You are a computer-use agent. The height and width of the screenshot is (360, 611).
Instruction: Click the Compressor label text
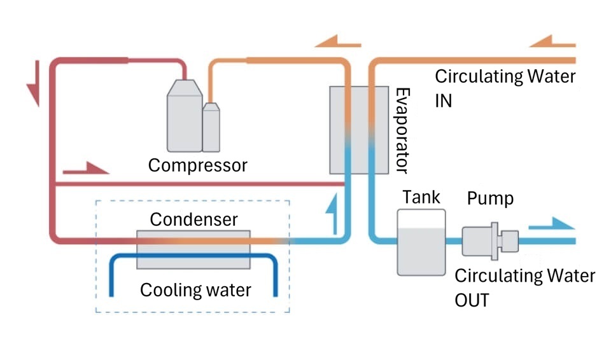pyautogui.click(x=197, y=165)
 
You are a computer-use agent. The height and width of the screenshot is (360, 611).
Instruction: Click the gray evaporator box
pyautogui.click(x=358, y=130)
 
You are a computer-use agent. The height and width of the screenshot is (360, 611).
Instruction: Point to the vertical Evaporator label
pyautogui.click(x=402, y=130)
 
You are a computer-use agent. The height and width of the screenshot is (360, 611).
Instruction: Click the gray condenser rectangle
pyautogui.click(x=193, y=249)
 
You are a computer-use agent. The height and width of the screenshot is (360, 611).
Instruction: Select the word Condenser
pyautogui.click(x=193, y=219)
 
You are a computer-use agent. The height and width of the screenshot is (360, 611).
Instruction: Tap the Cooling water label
pyautogui.click(x=195, y=290)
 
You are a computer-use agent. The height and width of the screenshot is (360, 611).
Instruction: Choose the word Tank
pyautogui.click(x=421, y=197)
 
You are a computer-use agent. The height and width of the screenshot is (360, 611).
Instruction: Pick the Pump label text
pyautogui.click(x=490, y=198)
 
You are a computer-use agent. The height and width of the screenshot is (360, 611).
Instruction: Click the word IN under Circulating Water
pyautogui.click(x=444, y=100)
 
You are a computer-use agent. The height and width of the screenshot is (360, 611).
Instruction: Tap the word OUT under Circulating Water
pyautogui.click(x=472, y=300)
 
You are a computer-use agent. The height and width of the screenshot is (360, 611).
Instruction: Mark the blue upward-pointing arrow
pyautogui.click(x=328, y=212)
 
